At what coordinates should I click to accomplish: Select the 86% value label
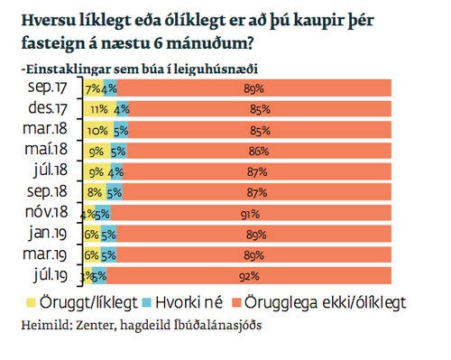[x=256, y=151]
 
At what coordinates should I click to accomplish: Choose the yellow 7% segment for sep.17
[x=92, y=88]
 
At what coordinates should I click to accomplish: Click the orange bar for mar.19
[x=253, y=254]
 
